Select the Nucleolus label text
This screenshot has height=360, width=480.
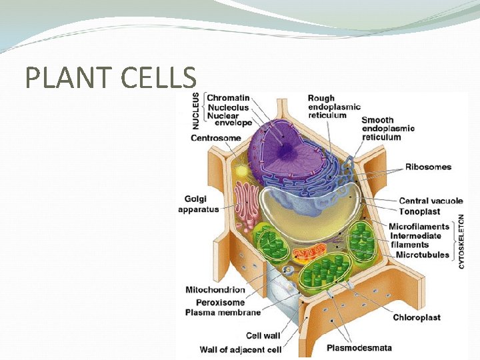(228, 107)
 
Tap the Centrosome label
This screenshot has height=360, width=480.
(216, 138)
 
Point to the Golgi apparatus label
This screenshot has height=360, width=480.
(198, 204)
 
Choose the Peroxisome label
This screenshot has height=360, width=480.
(215, 301)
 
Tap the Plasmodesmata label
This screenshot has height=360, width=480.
(359, 347)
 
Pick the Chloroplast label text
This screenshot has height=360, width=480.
(417, 317)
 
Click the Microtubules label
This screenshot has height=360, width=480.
(422, 255)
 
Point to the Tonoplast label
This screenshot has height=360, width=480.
(419, 211)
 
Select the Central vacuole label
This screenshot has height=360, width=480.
(430, 201)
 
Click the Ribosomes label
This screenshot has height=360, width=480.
(428, 167)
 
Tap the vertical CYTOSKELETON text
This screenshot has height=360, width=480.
(461, 241)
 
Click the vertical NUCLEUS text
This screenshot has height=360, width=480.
(196, 110)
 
